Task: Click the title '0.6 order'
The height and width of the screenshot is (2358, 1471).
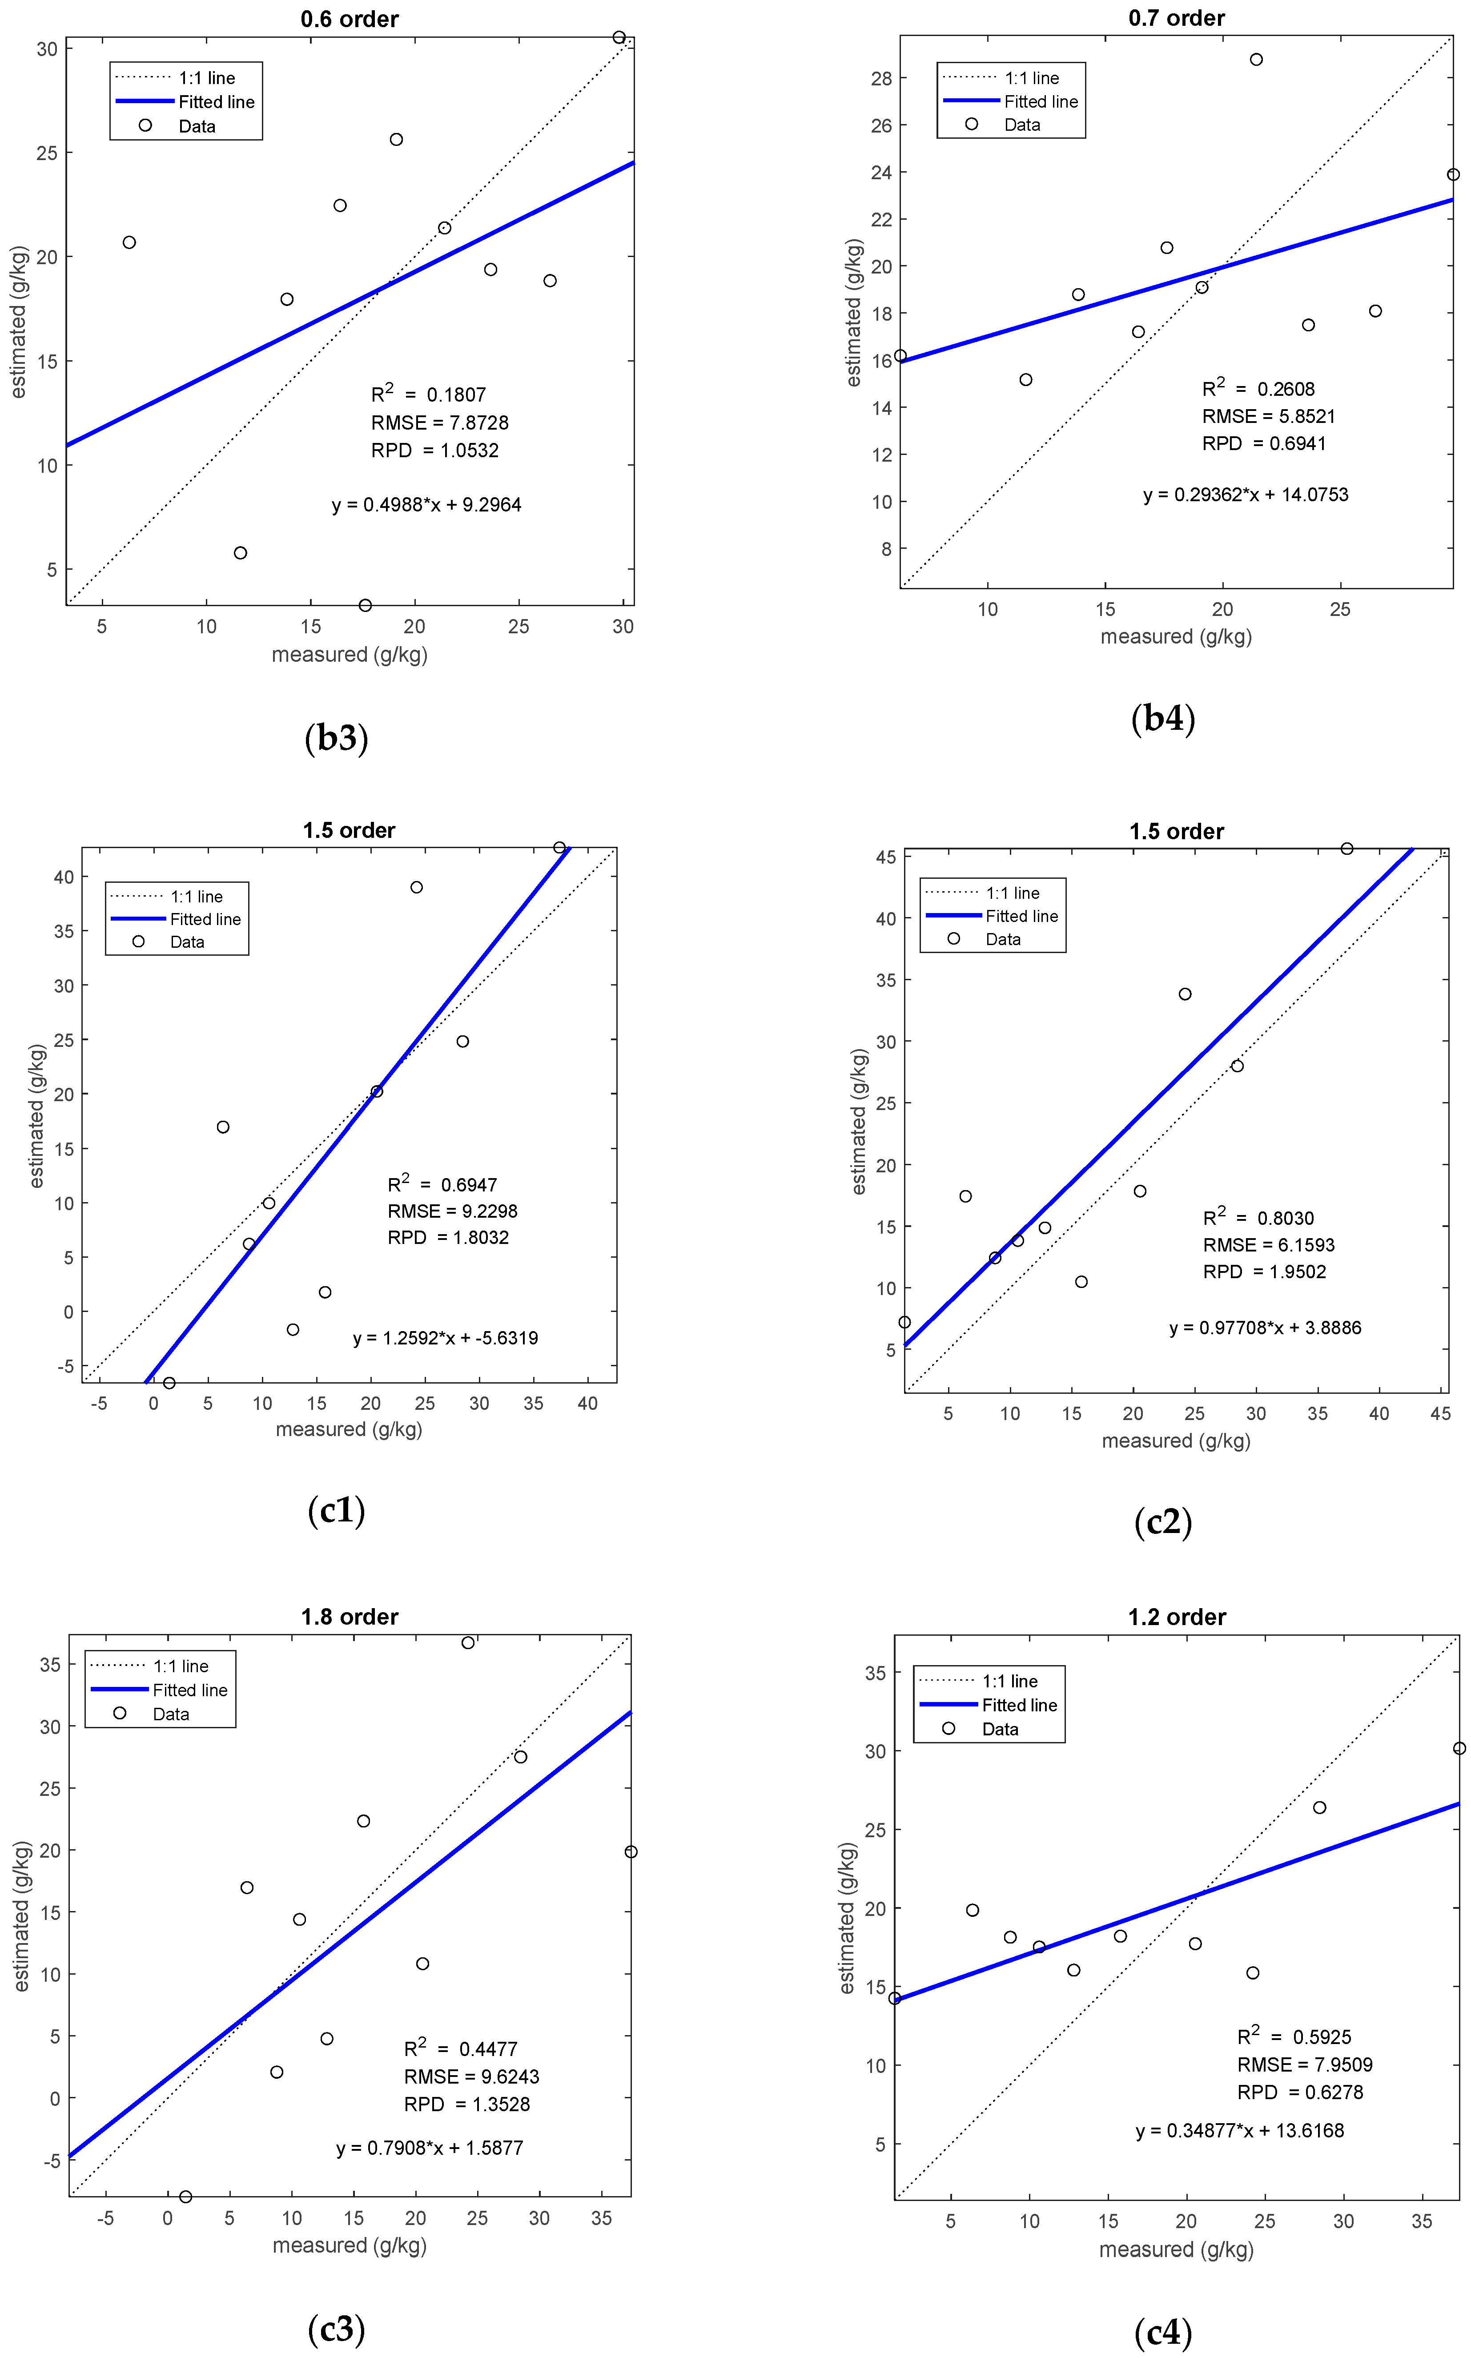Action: pyautogui.click(x=349, y=20)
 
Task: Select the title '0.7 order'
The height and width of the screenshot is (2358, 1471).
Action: pyautogui.click(x=1176, y=19)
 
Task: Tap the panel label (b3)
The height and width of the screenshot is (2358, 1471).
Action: pyautogui.click(x=337, y=737)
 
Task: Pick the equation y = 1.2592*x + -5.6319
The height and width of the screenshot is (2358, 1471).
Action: pyautogui.click(x=446, y=1338)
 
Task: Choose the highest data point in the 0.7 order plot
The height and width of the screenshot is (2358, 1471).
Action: pyautogui.click(x=1256, y=59)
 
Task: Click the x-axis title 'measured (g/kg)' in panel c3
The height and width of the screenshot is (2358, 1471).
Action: pyautogui.click(x=349, y=2245)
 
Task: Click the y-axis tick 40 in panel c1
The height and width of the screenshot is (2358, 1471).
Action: pyautogui.click(x=63, y=877)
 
